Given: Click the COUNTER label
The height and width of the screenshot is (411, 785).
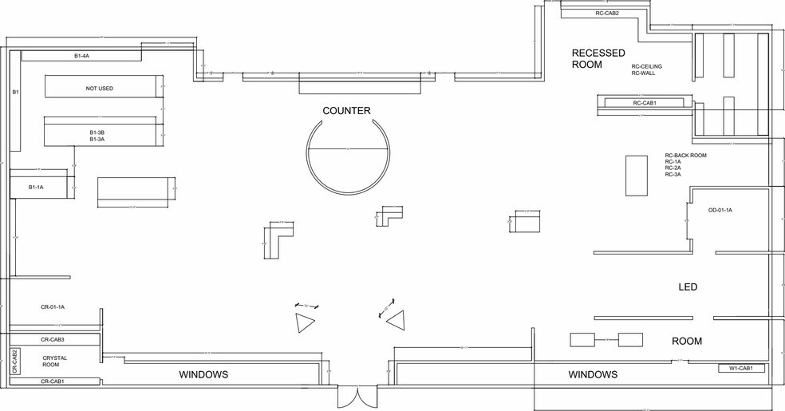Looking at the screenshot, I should point(346,111).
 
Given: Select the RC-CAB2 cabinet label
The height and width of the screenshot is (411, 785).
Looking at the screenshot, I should point(607,13).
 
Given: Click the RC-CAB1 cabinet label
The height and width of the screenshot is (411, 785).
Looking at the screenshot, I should point(645,103).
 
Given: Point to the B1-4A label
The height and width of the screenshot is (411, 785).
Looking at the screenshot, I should point(81,56).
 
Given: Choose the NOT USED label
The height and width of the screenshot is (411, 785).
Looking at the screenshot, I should point(100,88).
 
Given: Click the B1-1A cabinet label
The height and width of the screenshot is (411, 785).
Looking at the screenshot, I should point(37,187).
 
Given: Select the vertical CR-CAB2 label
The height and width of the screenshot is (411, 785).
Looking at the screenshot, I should point(14,362).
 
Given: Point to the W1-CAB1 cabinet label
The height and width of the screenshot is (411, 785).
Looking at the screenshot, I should point(741,369).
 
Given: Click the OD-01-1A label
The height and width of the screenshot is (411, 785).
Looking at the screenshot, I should point(720,210).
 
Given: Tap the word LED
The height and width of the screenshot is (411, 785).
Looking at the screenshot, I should point(688,287).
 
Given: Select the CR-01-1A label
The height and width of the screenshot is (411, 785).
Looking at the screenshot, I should point(53,306).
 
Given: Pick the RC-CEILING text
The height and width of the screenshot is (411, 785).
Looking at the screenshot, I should point(647,66).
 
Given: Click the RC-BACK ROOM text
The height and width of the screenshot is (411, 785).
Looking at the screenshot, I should point(685,156).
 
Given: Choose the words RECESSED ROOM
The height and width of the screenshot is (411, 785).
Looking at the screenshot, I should point(598,58).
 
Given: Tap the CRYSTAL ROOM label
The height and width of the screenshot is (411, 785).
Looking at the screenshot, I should point(55,361).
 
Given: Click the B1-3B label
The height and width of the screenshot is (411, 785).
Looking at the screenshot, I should point(97,132).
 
